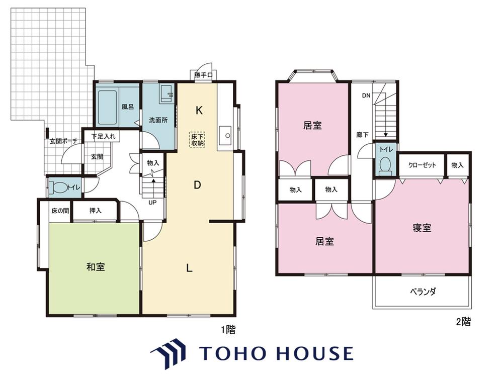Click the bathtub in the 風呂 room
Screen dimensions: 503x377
[107, 107]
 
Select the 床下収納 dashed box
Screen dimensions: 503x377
[197, 139]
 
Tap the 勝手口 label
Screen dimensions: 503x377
[203, 75]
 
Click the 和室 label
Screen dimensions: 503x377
[96, 267]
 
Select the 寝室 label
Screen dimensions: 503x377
[422, 228]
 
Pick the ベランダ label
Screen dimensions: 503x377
[423, 292]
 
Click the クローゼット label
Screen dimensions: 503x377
[422, 165]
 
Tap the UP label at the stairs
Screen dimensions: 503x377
[152, 203]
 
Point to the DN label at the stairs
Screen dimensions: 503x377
[366, 96]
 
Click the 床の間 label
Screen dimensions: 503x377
[60, 211]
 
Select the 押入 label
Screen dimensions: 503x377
[95, 211]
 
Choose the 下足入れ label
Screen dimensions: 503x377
[103, 136]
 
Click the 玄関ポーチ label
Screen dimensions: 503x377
[63, 141]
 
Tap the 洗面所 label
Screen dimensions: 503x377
[158, 120]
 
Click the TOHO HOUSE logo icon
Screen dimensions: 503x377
[169, 353]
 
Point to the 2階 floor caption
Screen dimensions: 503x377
[464, 322]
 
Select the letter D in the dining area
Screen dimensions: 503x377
[197, 185]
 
